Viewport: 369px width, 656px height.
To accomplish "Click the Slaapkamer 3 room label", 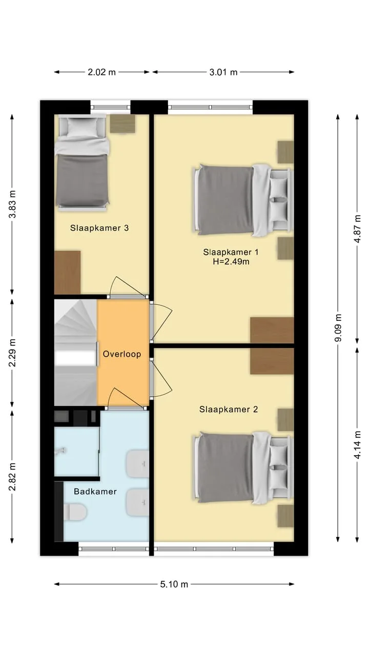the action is (99, 228).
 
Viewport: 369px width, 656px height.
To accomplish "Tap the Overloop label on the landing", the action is (122, 354).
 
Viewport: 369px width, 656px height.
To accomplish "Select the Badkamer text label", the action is (95, 491).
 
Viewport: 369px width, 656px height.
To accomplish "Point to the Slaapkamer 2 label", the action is (229, 409).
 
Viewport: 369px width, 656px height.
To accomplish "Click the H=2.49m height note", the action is (231, 261).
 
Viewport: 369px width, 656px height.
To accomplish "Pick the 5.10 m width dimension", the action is (174, 584).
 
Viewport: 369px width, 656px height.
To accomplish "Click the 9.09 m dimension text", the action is (338, 327).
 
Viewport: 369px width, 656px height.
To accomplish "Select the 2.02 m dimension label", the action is (101, 72).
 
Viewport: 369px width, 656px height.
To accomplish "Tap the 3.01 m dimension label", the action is (223, 72).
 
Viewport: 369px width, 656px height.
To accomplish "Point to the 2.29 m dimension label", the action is (12, 353).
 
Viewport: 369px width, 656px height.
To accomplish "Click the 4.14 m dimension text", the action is (357, 444).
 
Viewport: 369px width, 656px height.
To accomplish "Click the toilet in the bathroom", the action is (75, 512).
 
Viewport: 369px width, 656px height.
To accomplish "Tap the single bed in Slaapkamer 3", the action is (82, 163).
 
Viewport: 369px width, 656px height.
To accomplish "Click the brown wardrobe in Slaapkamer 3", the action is (67, 272).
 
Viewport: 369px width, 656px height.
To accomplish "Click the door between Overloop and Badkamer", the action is (127, 399).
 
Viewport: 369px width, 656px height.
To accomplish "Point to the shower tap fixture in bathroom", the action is (61, 451).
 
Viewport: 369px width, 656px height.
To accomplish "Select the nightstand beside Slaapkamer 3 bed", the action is (122, 124).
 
